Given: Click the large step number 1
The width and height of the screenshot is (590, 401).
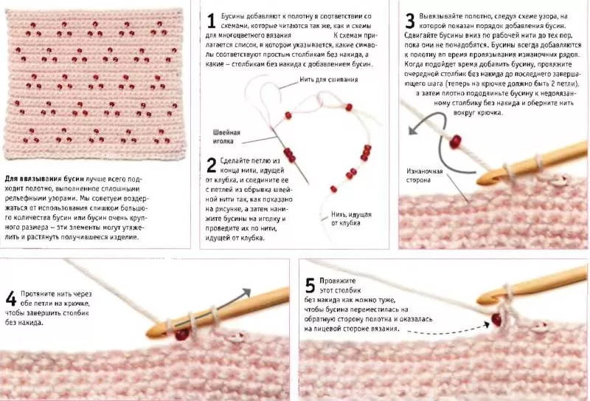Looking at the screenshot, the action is pyautogui.click(x=211, y=21).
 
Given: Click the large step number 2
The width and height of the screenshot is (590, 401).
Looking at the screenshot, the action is pyautogui.click(x=212, y=165).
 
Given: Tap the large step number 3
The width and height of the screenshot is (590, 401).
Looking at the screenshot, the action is pyautogui.click(x=410, y=21).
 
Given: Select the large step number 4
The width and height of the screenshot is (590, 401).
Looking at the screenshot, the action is pyautogui.click(x=11, y=298).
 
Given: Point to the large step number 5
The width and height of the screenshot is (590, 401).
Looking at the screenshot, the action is pyautogui.click(x=310, y=285).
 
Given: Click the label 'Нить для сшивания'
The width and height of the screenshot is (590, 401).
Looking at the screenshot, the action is pyautogui.click(x=328, y=80).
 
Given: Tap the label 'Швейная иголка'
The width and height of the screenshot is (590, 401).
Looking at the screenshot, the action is pyautogui.click(x=226, y=137).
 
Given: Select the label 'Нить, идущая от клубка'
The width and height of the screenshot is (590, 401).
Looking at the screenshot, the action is pyautogui.click(x=351, y=219).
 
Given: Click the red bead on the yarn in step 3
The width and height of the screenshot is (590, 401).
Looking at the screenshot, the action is pyautogui.click(x=455, y=141).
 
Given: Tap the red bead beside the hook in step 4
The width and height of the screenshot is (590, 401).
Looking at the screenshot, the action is pyautogui.click(x=181, y=335).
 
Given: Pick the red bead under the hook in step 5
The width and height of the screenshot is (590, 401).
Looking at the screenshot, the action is pyautogui.click(x=496, y=320).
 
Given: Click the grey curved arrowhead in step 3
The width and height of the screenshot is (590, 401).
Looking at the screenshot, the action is pyautogui.click(x=413, y=131).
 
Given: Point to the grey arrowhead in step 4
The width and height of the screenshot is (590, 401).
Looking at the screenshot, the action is pyautogui.click(x=246, y=292).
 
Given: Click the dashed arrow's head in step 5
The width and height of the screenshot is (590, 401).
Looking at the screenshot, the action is pyautogui.click(x=486, y=324).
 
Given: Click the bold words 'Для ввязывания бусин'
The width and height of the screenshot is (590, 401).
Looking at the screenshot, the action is pyautogui.click(x=44, y=179).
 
